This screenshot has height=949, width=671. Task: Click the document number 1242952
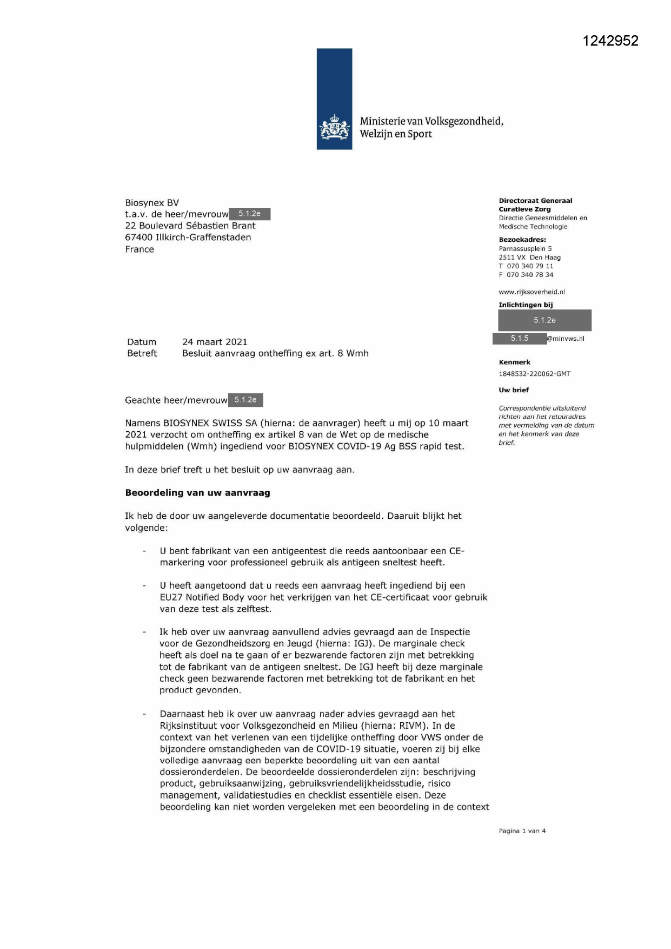point(610,41)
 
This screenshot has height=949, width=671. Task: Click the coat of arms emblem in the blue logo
point(334,128)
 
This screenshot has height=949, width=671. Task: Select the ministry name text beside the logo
point(431,128)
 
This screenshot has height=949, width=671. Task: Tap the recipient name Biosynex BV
point(151,203)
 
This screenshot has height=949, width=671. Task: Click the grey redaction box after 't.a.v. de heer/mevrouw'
point(249,214)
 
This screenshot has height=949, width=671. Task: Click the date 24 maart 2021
point(215,342)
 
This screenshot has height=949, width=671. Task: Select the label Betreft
point(142,353)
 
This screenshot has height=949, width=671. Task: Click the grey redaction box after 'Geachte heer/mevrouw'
point(245,400)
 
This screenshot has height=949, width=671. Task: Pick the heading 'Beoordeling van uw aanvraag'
point(197,493)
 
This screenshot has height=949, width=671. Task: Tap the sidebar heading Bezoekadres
point(522,240)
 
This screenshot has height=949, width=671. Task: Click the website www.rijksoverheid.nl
point(532,292)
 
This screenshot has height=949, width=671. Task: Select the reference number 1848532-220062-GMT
point(534,374)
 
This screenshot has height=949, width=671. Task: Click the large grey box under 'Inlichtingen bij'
point(544,320)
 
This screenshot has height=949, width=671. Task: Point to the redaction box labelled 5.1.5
point(520,339)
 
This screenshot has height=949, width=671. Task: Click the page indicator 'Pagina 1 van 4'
point(522,831)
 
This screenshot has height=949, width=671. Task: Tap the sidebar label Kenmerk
point(514,363)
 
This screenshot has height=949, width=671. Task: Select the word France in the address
point(139,249)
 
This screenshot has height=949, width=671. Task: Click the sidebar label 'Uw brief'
point(513,390)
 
